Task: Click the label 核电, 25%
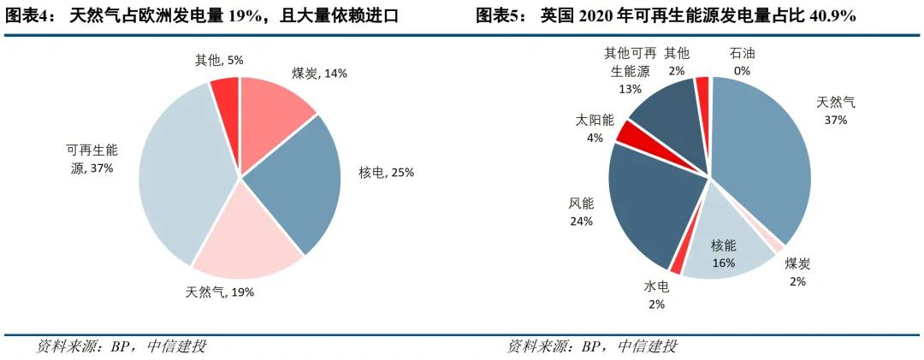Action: [x=386, y=173]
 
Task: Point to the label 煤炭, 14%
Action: [x=320, y=74]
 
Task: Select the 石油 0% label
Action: [x=742, y=62]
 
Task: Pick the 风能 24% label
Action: [x=581, y=212]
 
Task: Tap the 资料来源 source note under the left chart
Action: [x=121, y=346]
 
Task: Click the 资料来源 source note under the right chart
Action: [x=591, y=346]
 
